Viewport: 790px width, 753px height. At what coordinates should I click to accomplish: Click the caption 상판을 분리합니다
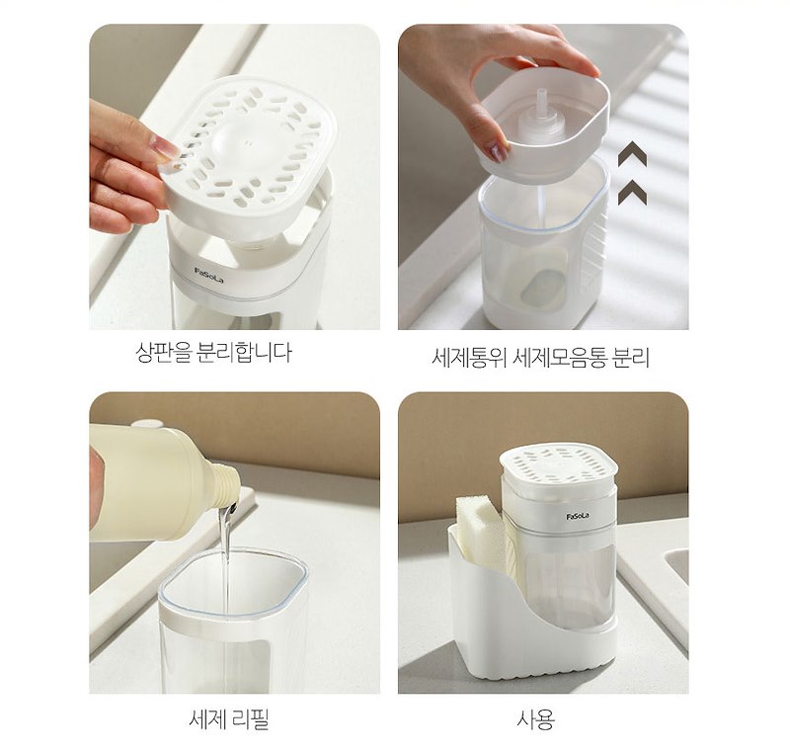[x=213, y=352]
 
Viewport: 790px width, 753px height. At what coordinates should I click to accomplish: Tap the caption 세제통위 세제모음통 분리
[x=540, y=358]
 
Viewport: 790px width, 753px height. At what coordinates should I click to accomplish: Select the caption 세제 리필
[x=229, y=719]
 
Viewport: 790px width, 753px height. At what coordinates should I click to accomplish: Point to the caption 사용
[x=535, y=719]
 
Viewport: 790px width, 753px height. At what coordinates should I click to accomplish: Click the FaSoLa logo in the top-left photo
[x=208, y=275]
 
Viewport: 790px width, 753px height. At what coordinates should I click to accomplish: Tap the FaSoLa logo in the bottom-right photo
[x=578, y=516]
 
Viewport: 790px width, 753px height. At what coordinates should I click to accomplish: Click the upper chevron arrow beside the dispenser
[x=632, y=154]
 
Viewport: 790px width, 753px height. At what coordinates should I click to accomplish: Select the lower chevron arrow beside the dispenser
[x=632, y=193]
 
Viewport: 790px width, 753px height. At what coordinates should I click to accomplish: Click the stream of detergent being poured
[x=226, y=559]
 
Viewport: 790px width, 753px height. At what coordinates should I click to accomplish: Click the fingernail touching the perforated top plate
[x=165, y=148]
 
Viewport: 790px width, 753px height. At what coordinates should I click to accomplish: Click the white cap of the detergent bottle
[x=147, y=423]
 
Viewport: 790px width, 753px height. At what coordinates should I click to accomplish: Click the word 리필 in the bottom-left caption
[x=251, y=719]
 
